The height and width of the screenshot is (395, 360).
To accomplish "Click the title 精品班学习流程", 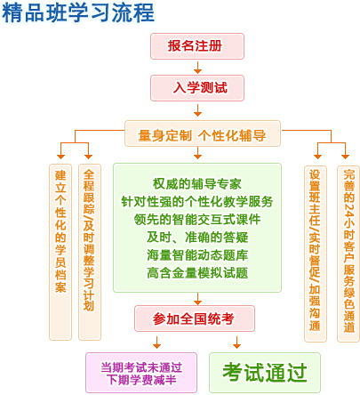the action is (x=78, y=12).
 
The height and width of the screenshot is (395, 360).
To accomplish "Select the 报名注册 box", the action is (x=197, y=46).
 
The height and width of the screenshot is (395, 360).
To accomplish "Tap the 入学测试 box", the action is (x=197, y=88).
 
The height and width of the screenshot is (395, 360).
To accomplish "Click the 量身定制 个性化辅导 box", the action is (x=203, y=133).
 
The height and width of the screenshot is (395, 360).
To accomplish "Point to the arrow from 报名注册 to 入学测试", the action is (x=197, y=68).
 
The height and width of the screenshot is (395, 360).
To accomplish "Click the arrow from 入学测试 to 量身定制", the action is (x=197, y=110).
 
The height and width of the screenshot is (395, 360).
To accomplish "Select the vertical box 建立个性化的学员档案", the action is (x=60, y=252).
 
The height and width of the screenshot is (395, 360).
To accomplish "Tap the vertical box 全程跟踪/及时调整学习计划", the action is (x=90, y=252).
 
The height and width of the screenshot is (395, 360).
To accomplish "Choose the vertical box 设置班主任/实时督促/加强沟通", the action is (x=316, y=254).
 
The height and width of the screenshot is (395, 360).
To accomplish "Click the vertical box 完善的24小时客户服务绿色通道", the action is (x=348, y=254).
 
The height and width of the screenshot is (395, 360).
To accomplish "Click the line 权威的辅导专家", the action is (x=197, y=184).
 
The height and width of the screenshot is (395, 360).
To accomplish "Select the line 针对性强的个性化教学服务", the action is (x=197, y=202).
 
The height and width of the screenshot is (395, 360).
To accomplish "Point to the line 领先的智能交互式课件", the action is (x=197, y=220).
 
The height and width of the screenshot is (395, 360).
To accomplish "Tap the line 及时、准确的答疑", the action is (x=197, y=238).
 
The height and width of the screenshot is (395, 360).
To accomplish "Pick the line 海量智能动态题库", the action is (x=197, y=255).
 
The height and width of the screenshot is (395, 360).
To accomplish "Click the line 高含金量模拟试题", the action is (x=197, y=273).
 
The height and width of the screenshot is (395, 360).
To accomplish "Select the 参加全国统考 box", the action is (x=195, y=318).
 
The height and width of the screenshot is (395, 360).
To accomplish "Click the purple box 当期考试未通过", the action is (x=141, y=373).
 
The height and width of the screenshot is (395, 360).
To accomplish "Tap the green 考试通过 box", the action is (x=265, y=373).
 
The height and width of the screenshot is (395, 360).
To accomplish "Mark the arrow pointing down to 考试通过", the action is (x=236, y=343).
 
